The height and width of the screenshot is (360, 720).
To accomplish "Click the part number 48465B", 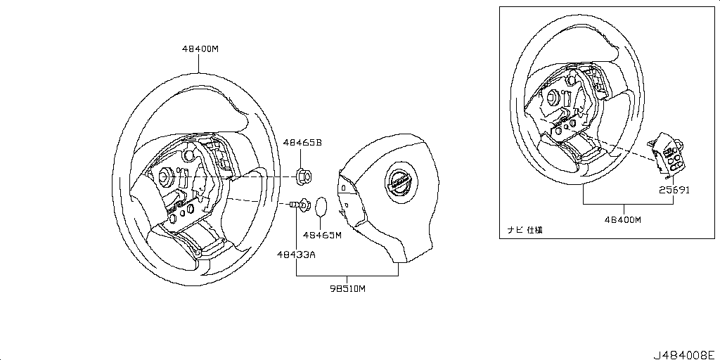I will coord(302,142).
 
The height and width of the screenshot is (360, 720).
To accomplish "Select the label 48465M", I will coord(321,235).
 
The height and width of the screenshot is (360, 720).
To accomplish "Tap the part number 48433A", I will coord(295,254).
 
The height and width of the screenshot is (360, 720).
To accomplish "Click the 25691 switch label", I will coord(674,189).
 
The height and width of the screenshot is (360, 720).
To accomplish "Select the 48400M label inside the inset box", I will coord(622,219).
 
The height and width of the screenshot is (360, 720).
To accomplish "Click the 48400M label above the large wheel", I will coord(200,49).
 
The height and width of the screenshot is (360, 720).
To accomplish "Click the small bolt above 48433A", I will coord(292,205).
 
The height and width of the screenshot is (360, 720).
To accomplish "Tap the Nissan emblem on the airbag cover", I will coord(399,183).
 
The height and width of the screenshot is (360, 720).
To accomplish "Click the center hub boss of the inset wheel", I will coord(553,96).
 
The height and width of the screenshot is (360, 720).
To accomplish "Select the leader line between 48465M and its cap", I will coord(321,223).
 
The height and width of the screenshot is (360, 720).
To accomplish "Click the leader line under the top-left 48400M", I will coord(200,64).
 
